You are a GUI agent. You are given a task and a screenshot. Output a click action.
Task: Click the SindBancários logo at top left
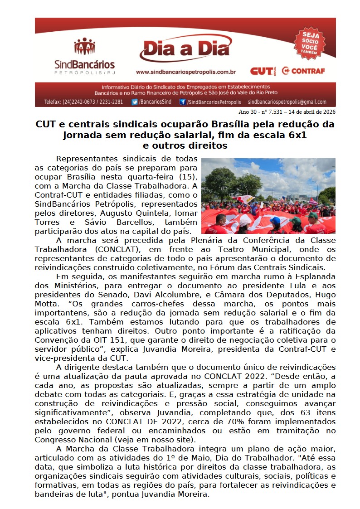coord(84,56)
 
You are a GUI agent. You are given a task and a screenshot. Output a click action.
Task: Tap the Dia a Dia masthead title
coord(185,48)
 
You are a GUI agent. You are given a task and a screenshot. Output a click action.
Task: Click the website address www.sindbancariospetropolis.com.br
coord(186,72)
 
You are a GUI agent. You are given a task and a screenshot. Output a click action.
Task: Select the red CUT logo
coord(263,71)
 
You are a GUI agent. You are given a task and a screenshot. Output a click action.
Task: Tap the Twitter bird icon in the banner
coord(135,102)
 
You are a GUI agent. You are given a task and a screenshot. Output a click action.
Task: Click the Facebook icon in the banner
coord(182,102)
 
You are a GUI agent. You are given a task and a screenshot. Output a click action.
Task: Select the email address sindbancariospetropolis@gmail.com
coord(287,102)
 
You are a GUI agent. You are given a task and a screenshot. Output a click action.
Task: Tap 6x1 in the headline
coord(297,135)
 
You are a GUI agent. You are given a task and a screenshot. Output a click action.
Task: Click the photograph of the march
coord(268,195)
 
